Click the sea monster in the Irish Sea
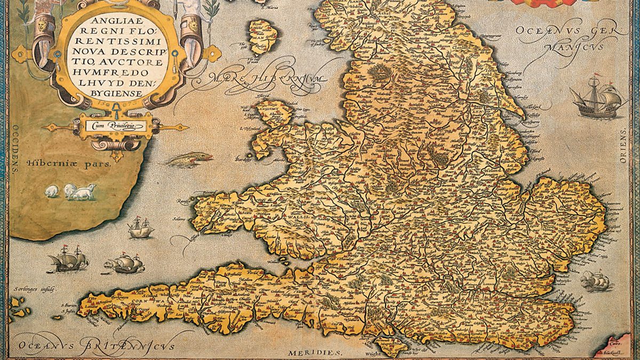tap(190, 159)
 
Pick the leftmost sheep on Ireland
tap(52, 191)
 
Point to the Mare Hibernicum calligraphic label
tap(267, 80)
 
